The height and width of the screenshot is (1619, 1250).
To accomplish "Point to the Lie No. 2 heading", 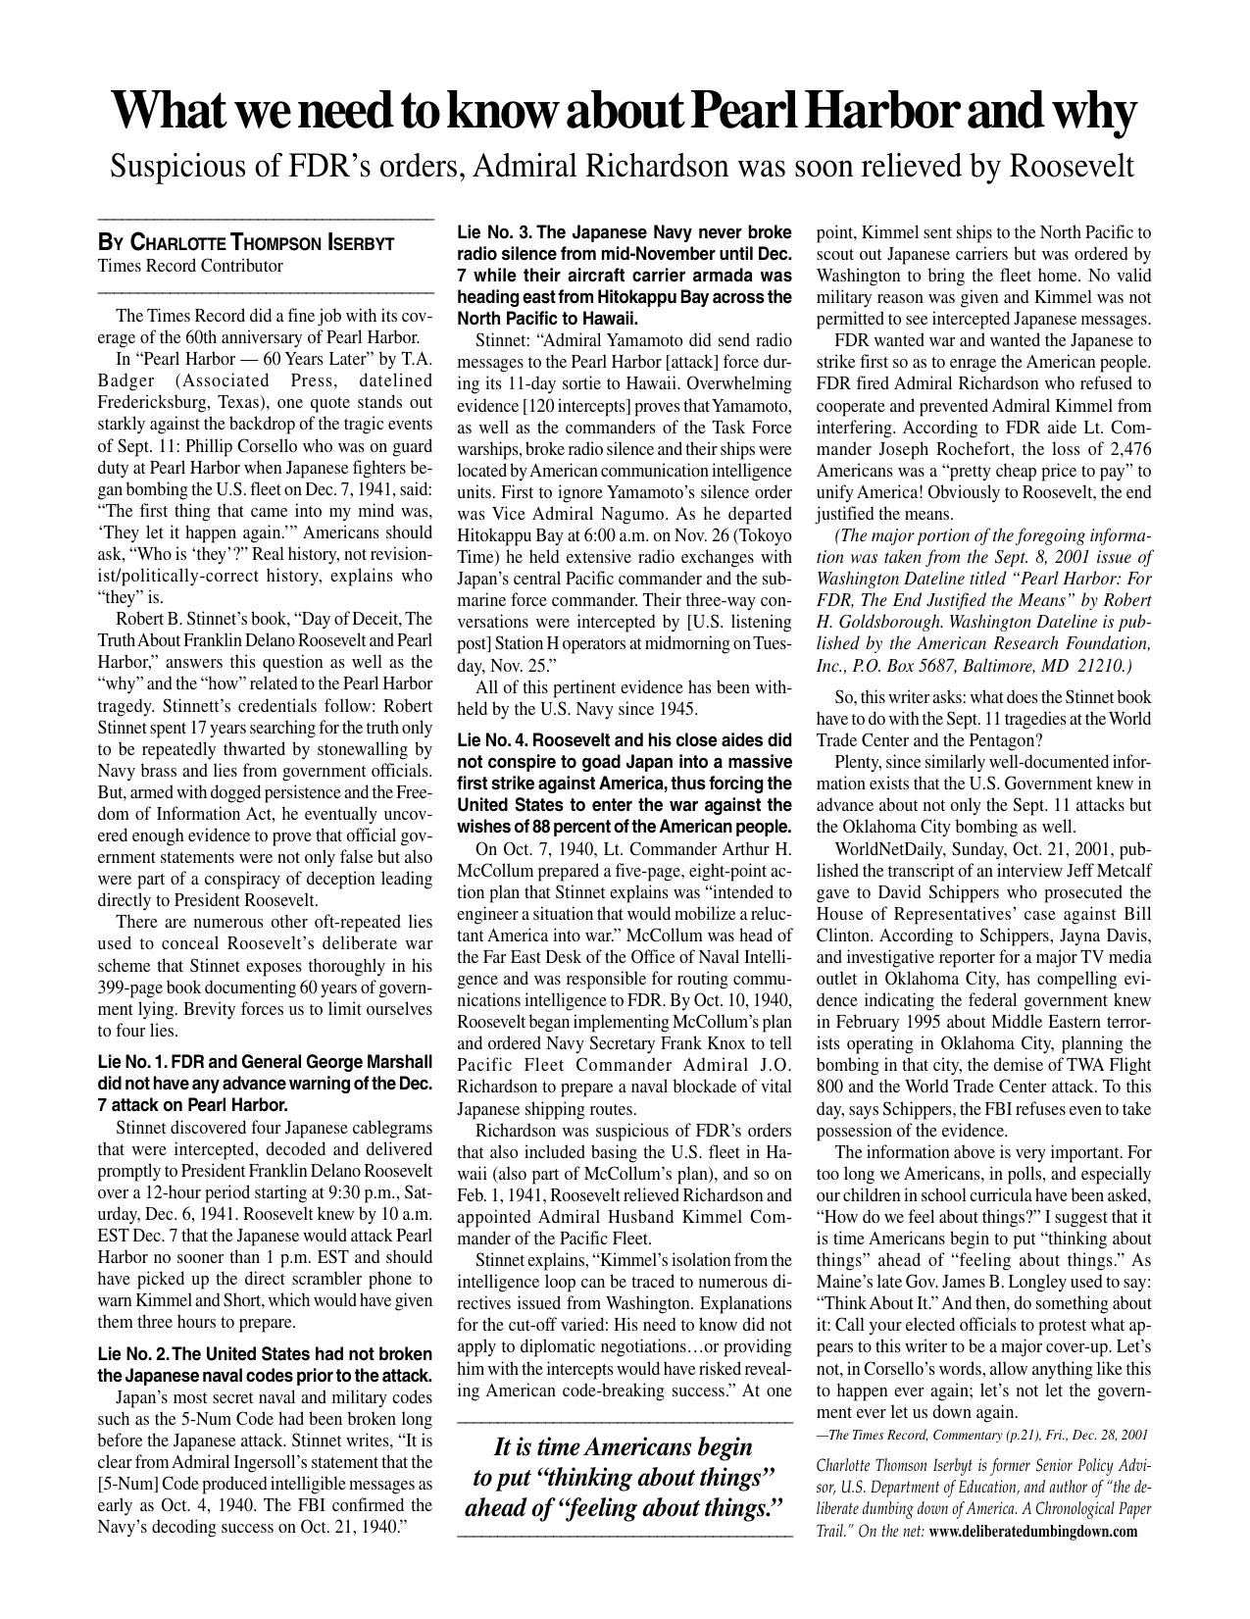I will (265, 1364).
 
